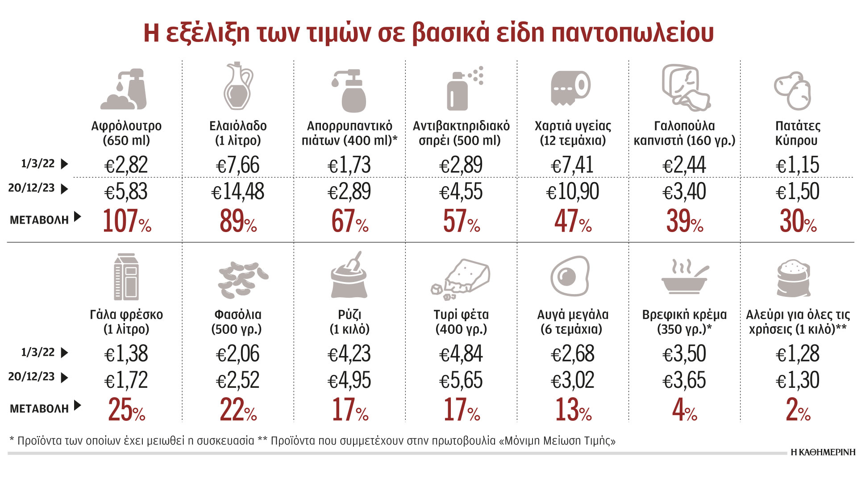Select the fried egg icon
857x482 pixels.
click(x=570, y=276)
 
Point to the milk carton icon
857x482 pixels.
click(x=126, y=276)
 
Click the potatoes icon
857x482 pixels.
click(x=793, y=91)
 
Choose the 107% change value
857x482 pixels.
click(x=127, y=221)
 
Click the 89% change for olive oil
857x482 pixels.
click(x=238, y=221)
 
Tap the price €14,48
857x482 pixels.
click(x=238, y=192)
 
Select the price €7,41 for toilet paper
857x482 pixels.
click(x=572, y=165)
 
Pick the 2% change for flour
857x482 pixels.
click(x=798, y=410)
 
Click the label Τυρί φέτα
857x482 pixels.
click(x=461, y=315)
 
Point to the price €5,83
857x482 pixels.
click(x=126, y=192)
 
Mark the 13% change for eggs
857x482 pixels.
click(x=573, y=410)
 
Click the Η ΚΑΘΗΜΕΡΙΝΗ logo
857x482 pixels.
click(x=823, y=452)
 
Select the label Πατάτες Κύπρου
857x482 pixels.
click(x=797, y=133)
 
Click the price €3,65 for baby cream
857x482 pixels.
click(x=684, y=381)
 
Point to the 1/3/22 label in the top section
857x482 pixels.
click(x=38, y=164)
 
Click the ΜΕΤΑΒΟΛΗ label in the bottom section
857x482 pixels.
click(x=39, y=408)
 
